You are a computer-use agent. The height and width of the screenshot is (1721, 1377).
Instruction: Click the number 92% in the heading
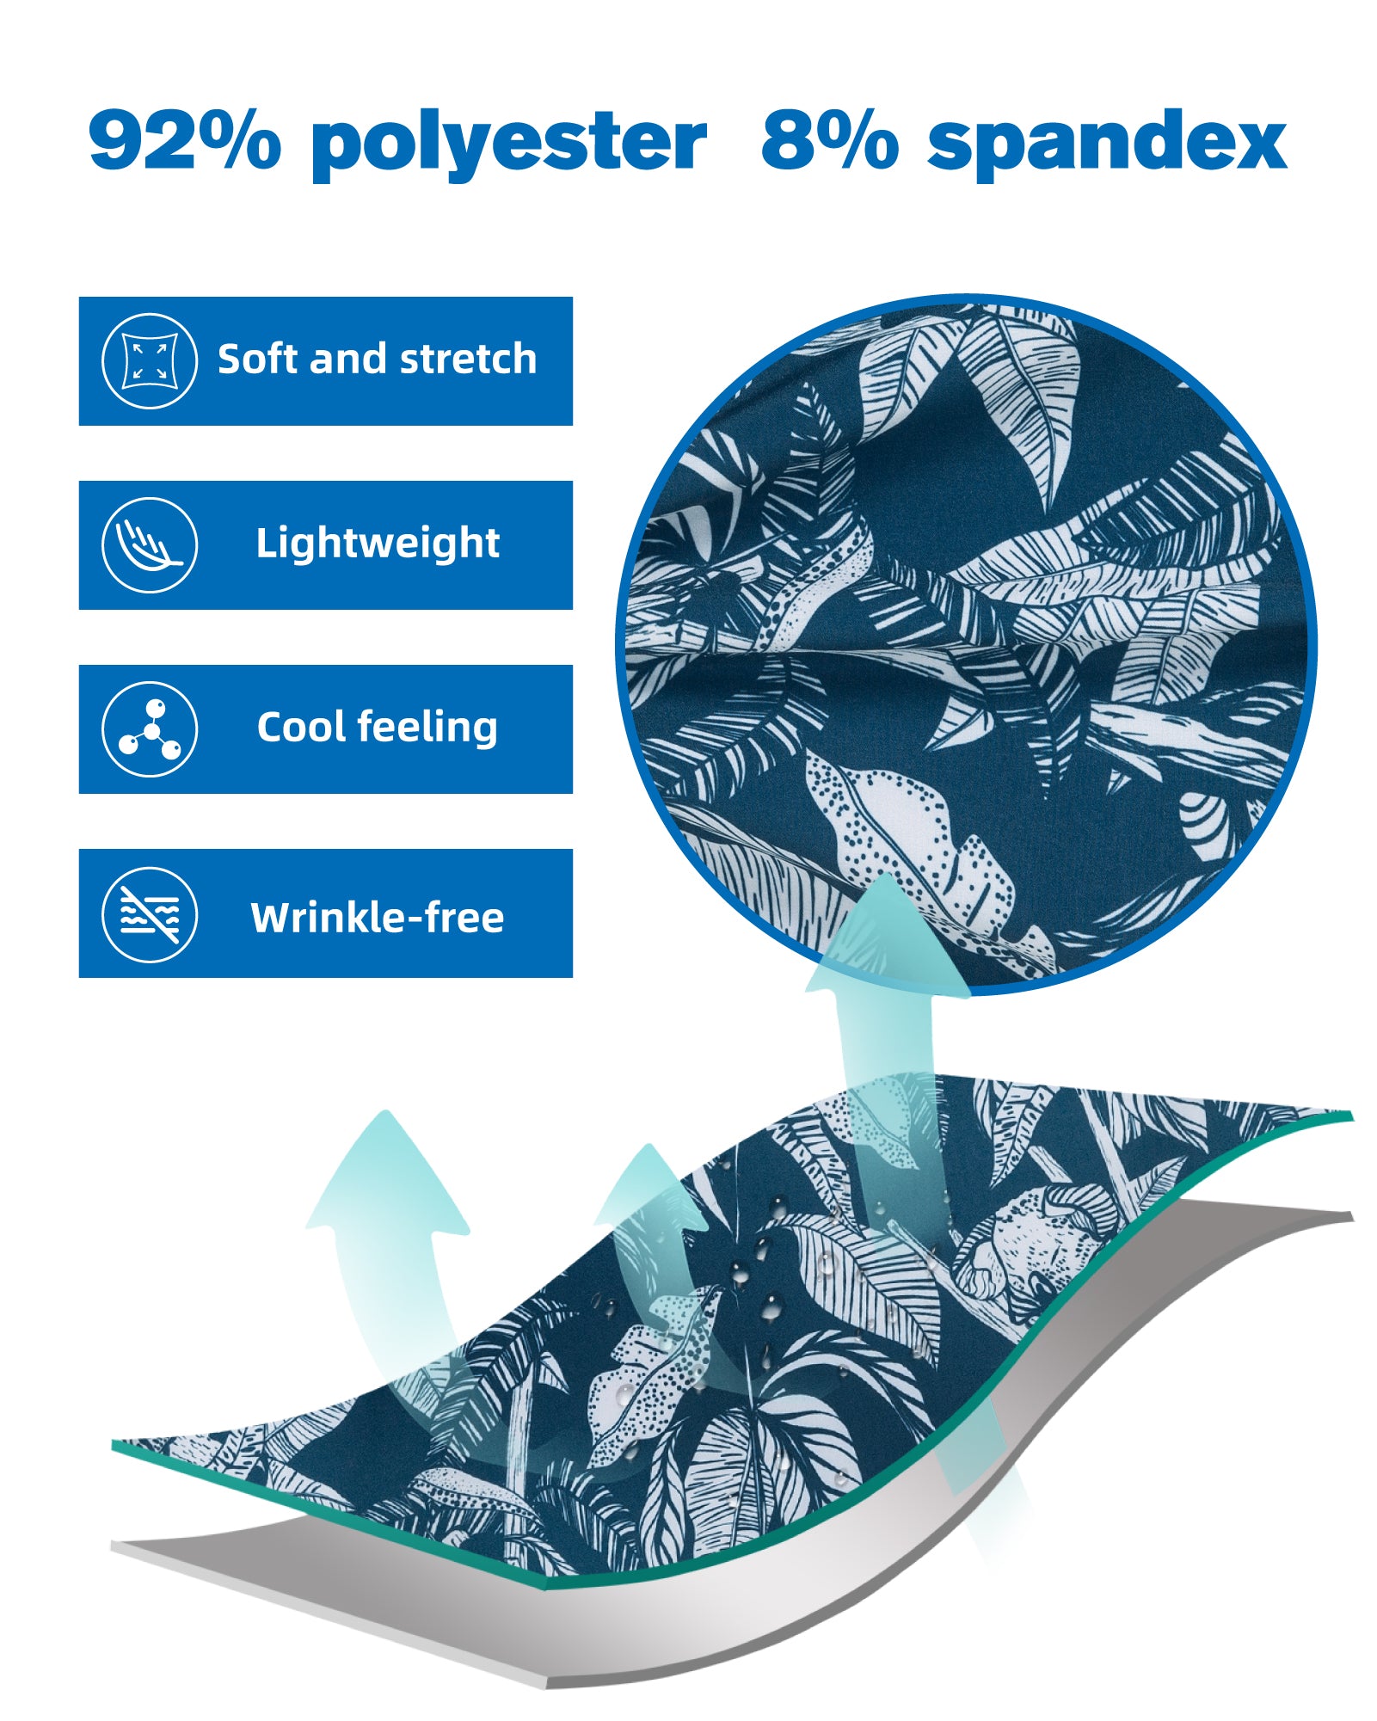click(185, 139)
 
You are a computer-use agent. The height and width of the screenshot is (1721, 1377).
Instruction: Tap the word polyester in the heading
click(509, 144)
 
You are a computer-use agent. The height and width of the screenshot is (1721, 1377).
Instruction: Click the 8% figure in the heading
click(830, 139)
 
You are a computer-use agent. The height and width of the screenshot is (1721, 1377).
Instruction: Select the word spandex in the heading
click(1107, 144)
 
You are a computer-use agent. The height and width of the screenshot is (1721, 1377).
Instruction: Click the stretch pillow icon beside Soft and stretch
click(150, 360)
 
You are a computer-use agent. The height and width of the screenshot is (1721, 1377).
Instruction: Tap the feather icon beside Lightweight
click(150, 545)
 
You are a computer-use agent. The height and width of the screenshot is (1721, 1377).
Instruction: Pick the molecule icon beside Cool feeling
click(150, 729)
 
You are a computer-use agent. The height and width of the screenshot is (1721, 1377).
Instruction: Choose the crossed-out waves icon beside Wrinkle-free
click(150, 914)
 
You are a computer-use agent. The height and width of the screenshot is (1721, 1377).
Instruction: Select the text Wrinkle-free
click(378, 917)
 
